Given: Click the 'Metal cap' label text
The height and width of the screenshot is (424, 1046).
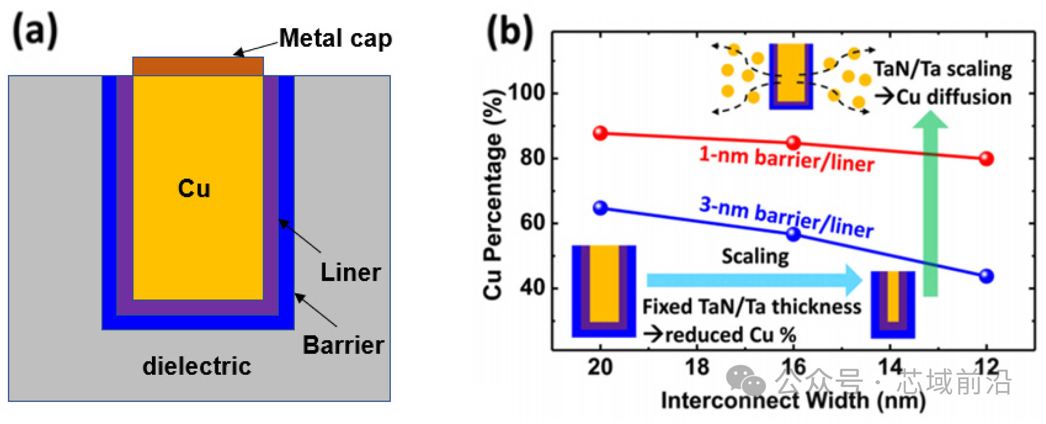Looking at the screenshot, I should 335,39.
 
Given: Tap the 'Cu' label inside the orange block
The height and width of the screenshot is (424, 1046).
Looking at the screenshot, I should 194,188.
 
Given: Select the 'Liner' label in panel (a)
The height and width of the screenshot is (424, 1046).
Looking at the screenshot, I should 351,272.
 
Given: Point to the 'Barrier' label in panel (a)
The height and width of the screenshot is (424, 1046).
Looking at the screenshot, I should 343,345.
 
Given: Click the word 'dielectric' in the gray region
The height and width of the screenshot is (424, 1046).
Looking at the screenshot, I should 197,366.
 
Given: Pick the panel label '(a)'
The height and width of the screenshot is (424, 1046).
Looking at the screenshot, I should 36,31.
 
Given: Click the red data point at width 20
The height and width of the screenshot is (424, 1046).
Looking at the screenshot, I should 600,133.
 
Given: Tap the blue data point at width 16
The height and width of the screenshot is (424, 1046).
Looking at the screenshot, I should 793,234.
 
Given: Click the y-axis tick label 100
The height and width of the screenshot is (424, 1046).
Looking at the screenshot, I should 526,93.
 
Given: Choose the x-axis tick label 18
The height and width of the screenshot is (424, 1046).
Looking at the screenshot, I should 697,367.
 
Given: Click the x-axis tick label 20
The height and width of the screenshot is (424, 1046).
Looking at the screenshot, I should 600,367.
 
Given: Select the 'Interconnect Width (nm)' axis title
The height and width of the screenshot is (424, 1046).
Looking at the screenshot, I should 793,400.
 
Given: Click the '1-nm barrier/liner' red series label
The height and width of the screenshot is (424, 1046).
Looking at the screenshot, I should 786,160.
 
